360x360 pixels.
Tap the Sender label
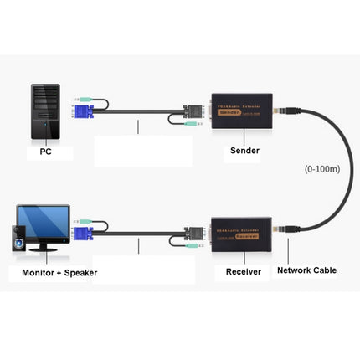click(x=244, y=152)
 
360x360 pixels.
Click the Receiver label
click(x=243, y=271)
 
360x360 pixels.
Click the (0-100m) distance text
click(x=323, y=170)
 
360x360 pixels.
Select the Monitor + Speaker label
click(x=54, y=272)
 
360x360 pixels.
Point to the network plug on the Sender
click(x=290, y=109)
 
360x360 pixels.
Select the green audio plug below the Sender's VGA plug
click(x=193, y=126)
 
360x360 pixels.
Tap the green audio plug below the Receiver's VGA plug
click(x=192, y=248)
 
